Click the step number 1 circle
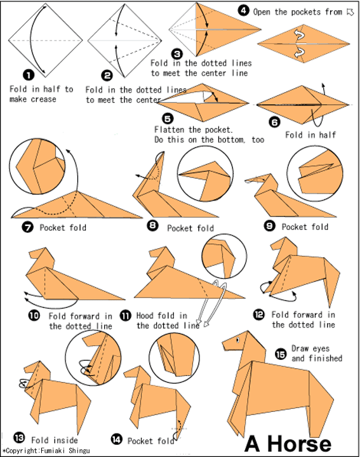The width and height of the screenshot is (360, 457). click(x=29, y=75)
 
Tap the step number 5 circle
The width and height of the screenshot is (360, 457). click(x=168, y=119)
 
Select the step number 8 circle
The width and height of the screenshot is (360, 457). click(x=153, y=225)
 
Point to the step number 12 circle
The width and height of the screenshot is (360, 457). click(x=259, y=315)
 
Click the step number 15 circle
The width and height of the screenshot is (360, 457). click(x=281, y=354)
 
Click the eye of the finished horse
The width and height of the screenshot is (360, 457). click(x=238, y=340)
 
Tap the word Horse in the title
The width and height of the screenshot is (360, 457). click(x=300, y=444)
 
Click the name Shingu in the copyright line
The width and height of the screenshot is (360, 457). click(x=79, y=451)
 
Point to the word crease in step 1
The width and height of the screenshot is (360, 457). click(x=43, y=100)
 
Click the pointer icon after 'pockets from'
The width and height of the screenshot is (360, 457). click(x=350, y=12)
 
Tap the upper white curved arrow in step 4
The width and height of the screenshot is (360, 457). click(x=300, y=36)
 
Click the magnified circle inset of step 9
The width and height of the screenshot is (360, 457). click(x=315, y=174)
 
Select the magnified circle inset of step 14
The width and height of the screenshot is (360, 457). click(x=175, y=358)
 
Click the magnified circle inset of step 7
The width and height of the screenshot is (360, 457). click(x=37, y=166)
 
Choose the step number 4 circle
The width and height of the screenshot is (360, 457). click(x=243, y=11)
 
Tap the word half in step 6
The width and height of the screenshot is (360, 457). click(x=328, y=135)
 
